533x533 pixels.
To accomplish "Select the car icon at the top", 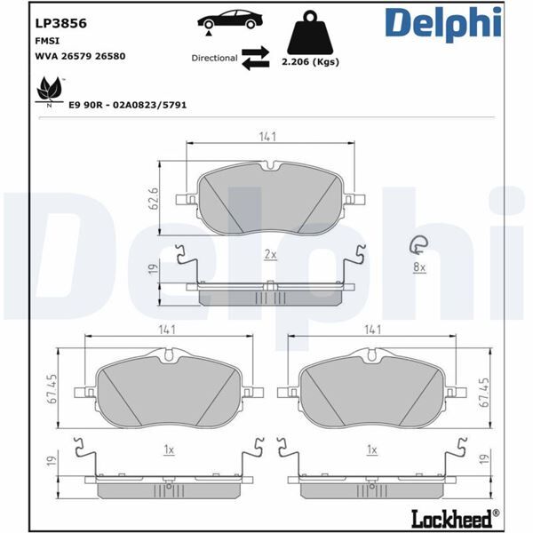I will (229, 20).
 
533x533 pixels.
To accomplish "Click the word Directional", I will (214, 58).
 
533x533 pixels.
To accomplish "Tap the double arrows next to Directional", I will (256, 58).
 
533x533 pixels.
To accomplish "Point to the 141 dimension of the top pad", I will (269, 136).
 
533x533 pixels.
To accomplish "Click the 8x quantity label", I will (419, 266).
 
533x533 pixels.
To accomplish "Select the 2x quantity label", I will (270, 254).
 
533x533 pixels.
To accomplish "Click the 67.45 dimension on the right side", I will (484, 391).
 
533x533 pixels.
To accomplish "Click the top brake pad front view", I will (269, 199).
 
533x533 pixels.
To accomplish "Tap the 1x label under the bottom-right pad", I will (372, 450).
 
